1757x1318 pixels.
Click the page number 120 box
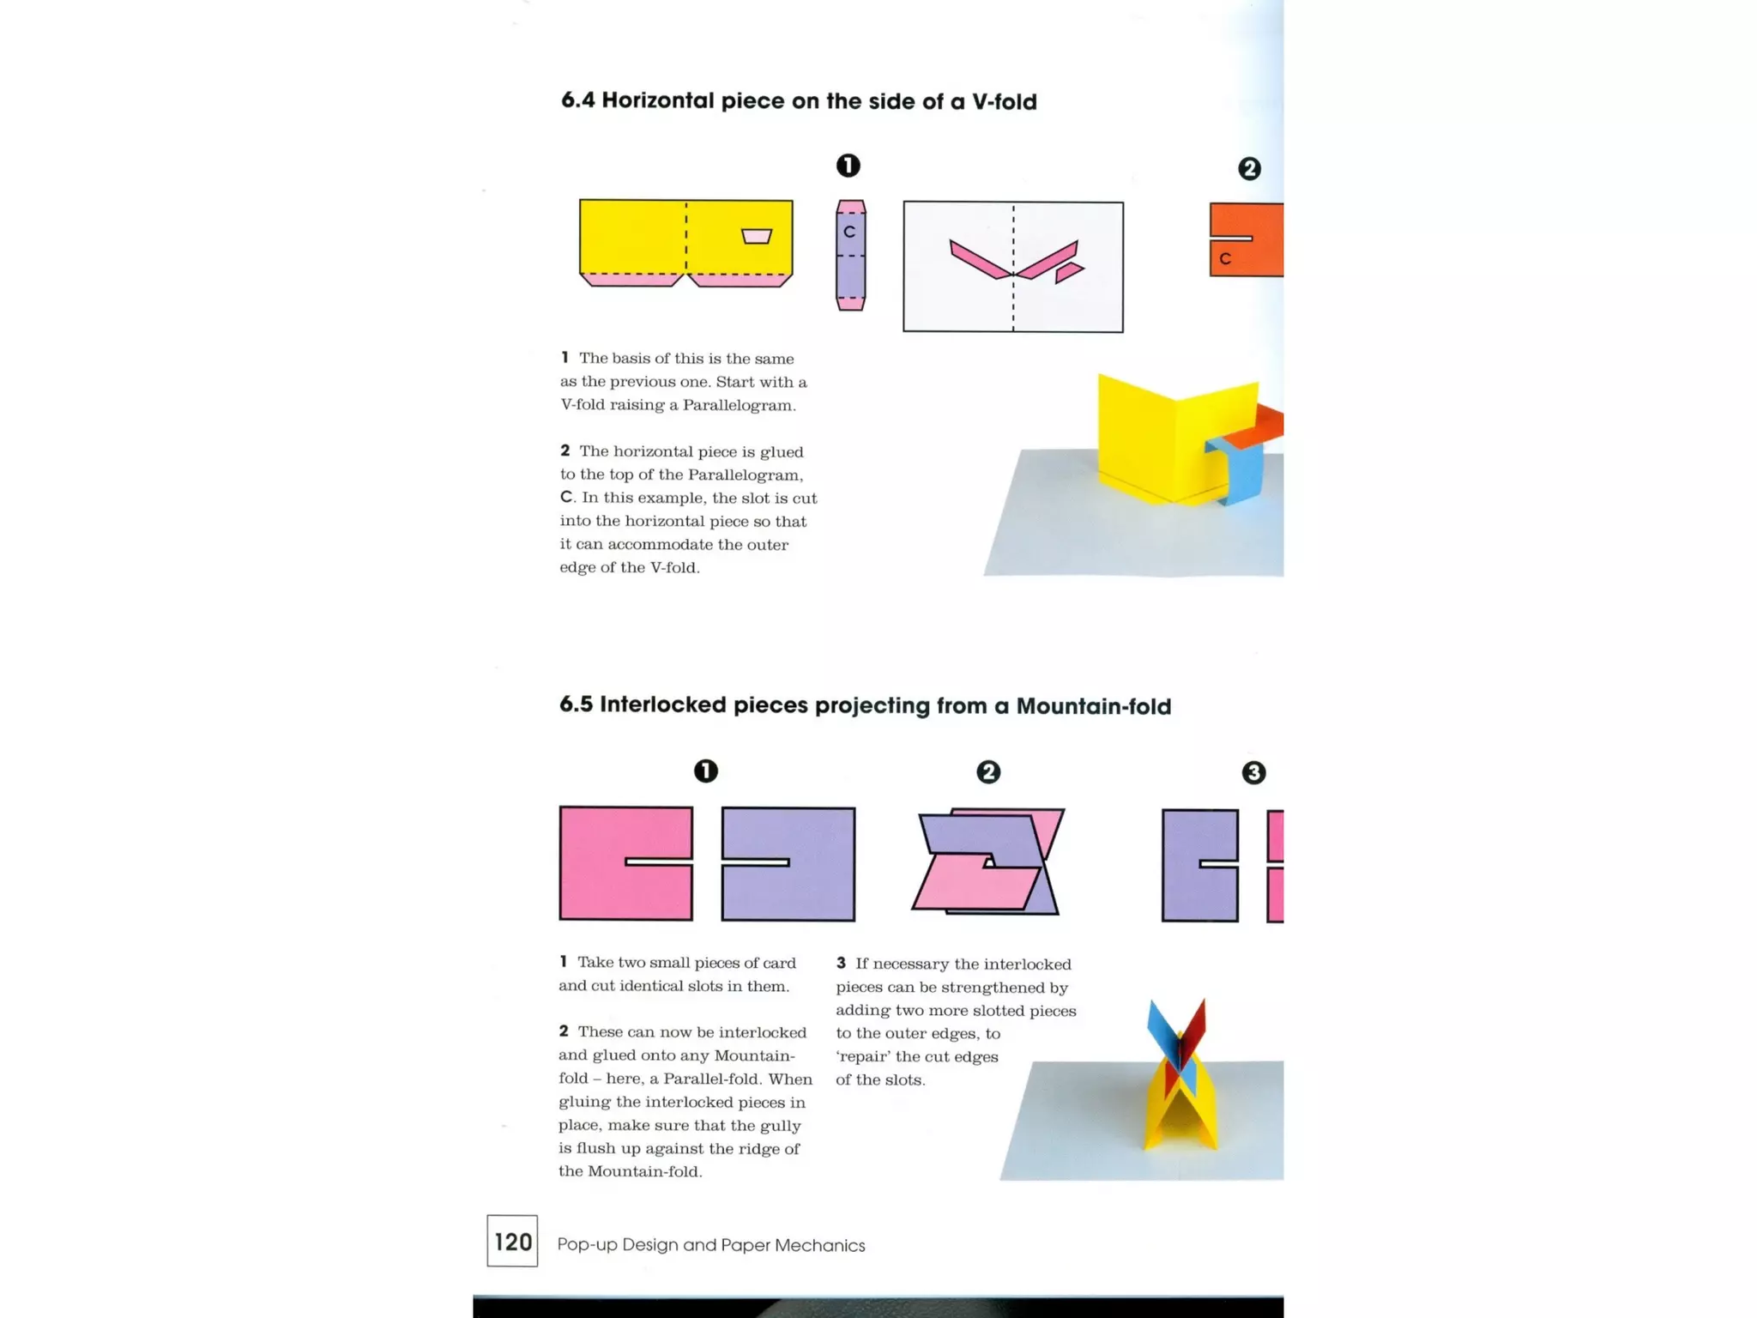512,1241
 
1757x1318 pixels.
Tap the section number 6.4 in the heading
577,100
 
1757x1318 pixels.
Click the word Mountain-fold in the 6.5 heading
1093,706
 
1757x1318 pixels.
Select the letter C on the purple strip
849,232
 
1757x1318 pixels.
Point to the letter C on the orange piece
1225,258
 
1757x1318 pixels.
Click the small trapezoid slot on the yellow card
757,236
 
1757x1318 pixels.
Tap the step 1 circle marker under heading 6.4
848,166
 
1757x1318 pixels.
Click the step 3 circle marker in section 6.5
1253,772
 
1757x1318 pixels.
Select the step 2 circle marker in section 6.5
988,771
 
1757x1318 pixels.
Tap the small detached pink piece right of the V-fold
1068,273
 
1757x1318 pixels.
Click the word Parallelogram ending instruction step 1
739,405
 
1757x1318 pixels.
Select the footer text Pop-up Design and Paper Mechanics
711,1245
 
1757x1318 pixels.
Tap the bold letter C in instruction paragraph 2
566,498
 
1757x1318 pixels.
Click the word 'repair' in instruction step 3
862,1057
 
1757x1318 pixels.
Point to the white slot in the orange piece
1231,238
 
